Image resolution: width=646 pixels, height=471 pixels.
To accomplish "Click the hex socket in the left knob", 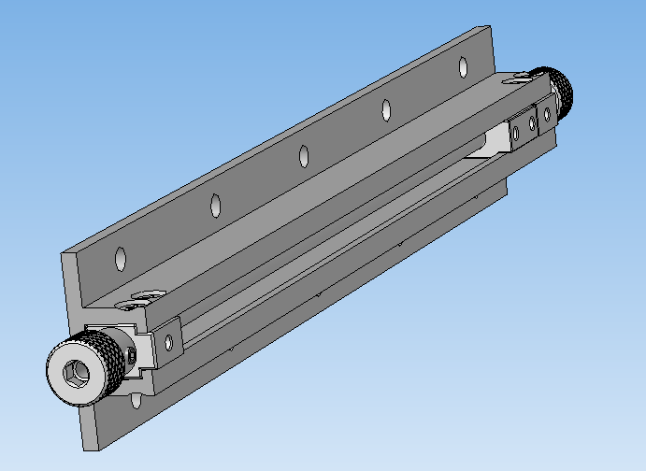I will point(74,375).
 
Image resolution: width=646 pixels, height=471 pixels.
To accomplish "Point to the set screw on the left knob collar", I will point(134,353).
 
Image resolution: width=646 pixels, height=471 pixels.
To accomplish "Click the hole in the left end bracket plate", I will point(170,341).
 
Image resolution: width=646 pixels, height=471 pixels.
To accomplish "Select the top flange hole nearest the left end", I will point(120,255).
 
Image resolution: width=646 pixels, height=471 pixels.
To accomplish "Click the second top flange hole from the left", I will point(215,203).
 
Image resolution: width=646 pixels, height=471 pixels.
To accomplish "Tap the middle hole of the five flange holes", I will point(303,155).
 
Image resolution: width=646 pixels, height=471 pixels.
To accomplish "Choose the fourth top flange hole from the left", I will point(385,109).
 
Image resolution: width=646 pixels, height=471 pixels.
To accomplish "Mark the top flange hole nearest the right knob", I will point(462,66).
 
